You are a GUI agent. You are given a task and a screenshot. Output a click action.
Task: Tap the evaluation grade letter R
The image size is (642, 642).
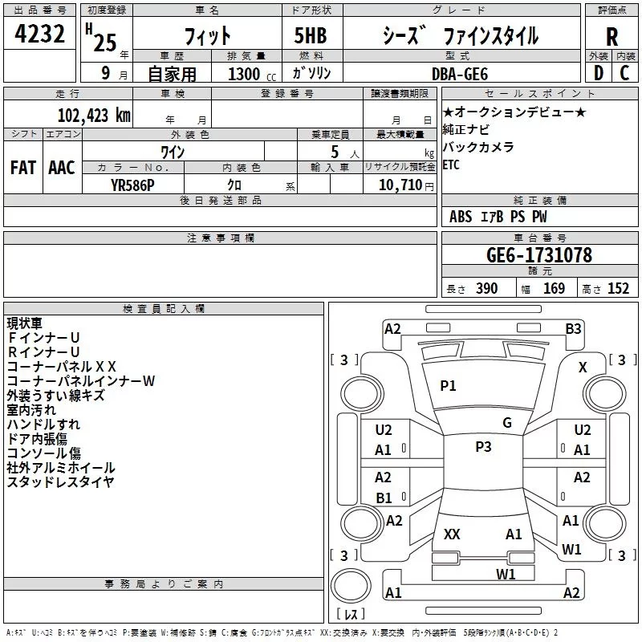point(612,36)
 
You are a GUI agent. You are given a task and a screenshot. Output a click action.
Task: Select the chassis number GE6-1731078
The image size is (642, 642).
point(538,255)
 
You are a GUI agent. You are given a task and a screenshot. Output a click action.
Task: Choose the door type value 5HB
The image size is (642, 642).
point(304,36)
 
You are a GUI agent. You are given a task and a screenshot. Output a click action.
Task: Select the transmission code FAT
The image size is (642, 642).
point(22,168)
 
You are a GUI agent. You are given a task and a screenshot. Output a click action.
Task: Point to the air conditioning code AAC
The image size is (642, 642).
point(61,168)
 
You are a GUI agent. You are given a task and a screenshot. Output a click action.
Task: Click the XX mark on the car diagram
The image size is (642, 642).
point(452,534)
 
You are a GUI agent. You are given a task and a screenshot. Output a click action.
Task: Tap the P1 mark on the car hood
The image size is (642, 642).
point(448,386)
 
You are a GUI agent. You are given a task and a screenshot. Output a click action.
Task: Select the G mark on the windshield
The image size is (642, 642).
point(506,423)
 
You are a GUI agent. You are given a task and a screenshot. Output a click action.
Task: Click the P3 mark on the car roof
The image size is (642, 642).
point(483,447)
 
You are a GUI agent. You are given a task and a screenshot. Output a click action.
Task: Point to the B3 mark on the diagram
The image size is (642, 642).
point(573,328)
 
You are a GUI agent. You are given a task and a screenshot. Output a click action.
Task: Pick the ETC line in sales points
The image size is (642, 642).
point(453,165)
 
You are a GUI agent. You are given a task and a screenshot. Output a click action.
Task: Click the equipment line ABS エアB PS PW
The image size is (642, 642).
point(498,217)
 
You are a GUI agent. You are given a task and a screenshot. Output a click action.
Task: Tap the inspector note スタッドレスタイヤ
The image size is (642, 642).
point(60,482)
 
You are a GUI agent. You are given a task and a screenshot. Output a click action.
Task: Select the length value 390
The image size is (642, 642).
point(486,289)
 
